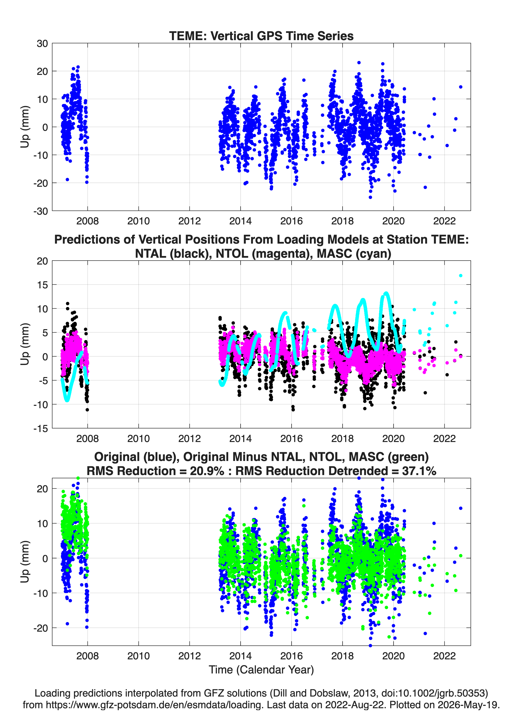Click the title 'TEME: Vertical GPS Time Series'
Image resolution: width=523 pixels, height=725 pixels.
click(261, 36)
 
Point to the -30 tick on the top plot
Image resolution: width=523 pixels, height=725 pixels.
click(41, 211)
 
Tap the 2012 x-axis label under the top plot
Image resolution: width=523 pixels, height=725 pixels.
click(189, 221)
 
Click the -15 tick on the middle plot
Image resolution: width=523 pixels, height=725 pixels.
click(41, 429)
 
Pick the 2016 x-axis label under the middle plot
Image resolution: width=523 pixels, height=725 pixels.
click(291, 438)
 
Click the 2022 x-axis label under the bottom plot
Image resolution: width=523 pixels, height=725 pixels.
click(444, 656)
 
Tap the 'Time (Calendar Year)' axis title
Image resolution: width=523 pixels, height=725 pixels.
click(261, 669)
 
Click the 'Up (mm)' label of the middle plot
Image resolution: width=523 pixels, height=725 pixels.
click(25, 344)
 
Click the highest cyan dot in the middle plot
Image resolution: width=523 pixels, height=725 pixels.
click(460, 275)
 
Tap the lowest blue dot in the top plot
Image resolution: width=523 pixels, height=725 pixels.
click(370, 197)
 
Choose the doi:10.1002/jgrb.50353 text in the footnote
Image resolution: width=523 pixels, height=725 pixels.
click(433, 693)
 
